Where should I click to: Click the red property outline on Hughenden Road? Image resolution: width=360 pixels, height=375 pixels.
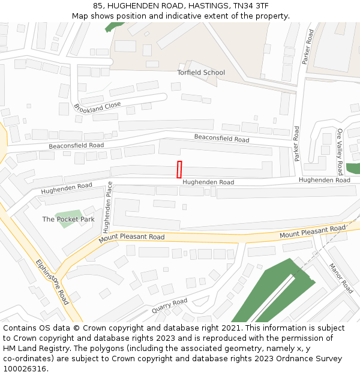[x=179, y=169]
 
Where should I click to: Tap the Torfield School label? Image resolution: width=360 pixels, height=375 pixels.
[x=200, y=73]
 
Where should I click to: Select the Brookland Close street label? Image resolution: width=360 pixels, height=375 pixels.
[x=97, y=107]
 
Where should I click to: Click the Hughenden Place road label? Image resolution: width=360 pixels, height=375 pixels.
[x=107, y=207]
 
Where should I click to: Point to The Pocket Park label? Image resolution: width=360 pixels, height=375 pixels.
[x=68, y=220]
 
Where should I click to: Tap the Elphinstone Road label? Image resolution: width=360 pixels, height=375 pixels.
[x=52, y=281]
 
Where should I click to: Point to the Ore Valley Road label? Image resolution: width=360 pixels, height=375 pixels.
[x=340, y=151]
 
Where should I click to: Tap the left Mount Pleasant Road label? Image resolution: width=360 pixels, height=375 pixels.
[x=131, y=237]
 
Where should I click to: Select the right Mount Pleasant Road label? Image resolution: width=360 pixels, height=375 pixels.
[x=312, y=232]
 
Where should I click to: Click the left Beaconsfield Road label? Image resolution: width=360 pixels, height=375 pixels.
[x=76, y=145]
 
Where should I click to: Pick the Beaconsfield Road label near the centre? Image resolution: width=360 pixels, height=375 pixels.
[x=221, y=139]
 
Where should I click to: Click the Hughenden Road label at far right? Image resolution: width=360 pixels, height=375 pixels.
[x=324, y=180]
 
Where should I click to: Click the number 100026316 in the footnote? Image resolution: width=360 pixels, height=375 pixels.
[x=25, y=368]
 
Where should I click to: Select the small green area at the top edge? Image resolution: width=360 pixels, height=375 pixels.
[x=113, y=26]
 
